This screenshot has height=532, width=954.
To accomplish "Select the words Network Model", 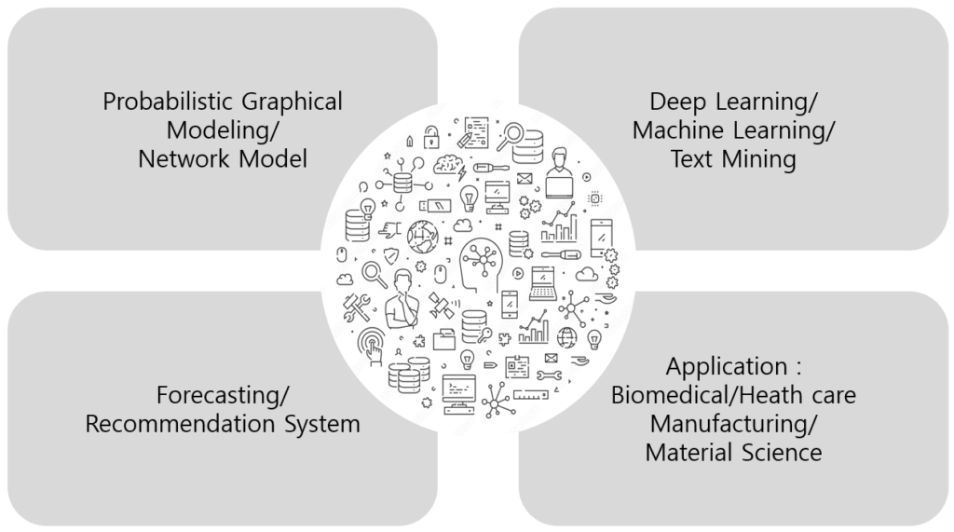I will point(222,158).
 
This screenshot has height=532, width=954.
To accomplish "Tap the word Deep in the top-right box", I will point(677,101).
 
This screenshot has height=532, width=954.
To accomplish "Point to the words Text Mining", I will point(733,158).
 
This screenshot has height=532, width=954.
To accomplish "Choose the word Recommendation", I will point(183,424).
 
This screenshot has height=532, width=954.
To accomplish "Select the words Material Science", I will point(733,453).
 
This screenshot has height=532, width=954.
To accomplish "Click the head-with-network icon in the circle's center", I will point(481,264).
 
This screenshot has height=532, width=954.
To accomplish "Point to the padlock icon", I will point(430,137).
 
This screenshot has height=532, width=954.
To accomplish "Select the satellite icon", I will point(441,304).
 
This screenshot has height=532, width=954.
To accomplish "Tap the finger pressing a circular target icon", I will point(372,343).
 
